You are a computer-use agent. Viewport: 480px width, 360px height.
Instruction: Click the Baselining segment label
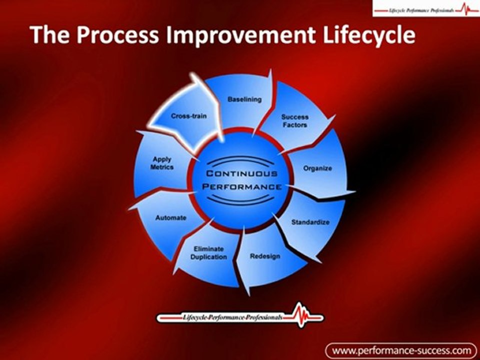click(x=244, y=99)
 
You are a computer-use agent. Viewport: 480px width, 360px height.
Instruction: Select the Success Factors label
click(x=294, y=121)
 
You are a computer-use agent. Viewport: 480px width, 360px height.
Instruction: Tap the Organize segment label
click(x=317, y=168)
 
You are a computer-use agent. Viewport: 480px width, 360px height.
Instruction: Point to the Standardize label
click(x=310, y=221)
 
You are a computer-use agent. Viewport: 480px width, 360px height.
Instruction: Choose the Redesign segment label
click(x=265, y=256)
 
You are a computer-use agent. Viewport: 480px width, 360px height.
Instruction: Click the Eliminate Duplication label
click(x=208, y=253)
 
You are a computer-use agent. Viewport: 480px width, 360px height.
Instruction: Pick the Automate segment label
click(x=170, y=218)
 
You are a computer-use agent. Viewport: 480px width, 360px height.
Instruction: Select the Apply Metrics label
click(x=162, y=163)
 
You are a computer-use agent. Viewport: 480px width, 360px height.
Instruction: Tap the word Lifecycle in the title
click(x=367, y=35)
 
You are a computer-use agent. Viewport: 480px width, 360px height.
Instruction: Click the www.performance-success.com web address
click(x=401, y=349)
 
